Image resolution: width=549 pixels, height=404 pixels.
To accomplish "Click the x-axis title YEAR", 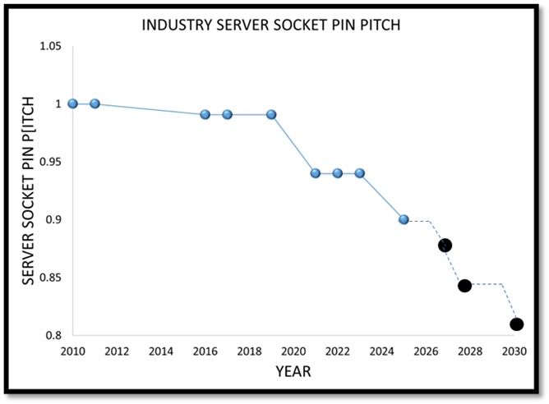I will pyautogui.click(x=293, y=371).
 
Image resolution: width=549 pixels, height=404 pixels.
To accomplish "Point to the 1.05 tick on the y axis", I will pyautogui.click(x=52, y=46).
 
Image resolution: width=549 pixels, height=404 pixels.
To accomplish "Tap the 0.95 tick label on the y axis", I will pyautogui.click(x=52, y=162).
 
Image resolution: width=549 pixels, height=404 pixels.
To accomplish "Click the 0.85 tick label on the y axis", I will pyautogui.click(x=52, y=278).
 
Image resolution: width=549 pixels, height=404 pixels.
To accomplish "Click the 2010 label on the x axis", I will pyautogui.click(x=73, y=351).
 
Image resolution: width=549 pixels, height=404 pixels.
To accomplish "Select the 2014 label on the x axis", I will pyautogui.click(x=161, y=351).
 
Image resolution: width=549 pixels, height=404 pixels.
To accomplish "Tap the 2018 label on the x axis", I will pyautogui.click(x=249, y=351).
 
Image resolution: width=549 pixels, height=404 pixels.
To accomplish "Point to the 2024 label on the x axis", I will pyautogui.click(x=381, y=351).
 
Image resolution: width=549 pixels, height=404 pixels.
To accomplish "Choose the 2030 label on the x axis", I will pyautogui.click(x=514, y=351).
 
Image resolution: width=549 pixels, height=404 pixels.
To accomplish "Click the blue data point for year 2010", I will pyautogui.click(x=73, y=103).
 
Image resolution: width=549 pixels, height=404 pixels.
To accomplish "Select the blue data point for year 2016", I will pyautogui.click(x=205, y=114).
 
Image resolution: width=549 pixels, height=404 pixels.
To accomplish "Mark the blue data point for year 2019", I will pyautogui.click(x=271, y=114).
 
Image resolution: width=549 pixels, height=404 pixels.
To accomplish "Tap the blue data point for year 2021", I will pyautogui.click(x=316, y=173).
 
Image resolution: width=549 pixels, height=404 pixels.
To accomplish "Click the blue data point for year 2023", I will pyautogui.click(x=359, y=173).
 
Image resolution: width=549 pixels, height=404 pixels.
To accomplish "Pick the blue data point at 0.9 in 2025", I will pyautogui.click(x=404, y=219).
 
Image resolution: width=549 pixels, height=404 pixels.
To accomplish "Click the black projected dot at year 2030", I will pyautogui.click(x=516, y=324).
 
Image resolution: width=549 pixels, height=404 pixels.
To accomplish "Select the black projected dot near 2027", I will pyautogui.click(x=445, y=245).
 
